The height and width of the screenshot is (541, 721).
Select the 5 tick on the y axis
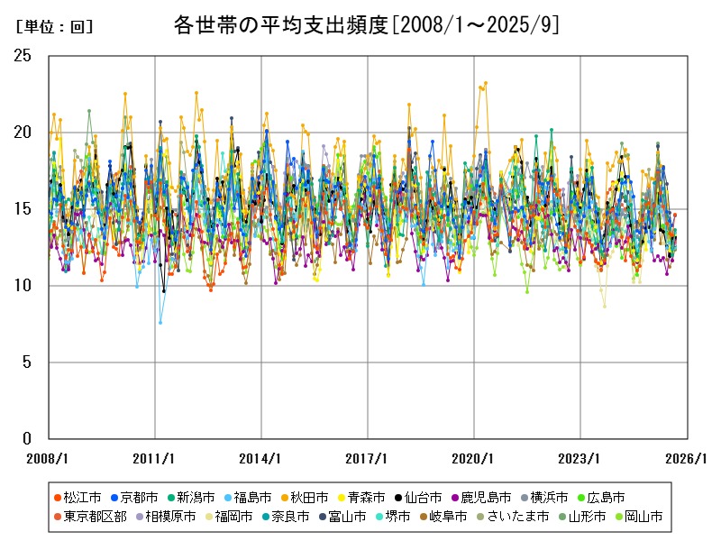(x=26, y=362)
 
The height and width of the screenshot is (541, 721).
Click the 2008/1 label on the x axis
(x=49, y=458)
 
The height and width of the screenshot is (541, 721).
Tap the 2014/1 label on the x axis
(x=261, y=458)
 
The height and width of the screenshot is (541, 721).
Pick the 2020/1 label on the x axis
(x=474, y=458)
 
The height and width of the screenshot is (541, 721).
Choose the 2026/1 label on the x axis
(x=687, y=458)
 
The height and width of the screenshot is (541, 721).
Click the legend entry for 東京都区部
(x=88, y=517)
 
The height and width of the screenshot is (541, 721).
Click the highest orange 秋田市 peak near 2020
(x=486, y=83)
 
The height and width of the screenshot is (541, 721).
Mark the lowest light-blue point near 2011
(x=160, y=322)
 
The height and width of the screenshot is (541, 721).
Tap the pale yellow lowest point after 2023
(x=605, y=306)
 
